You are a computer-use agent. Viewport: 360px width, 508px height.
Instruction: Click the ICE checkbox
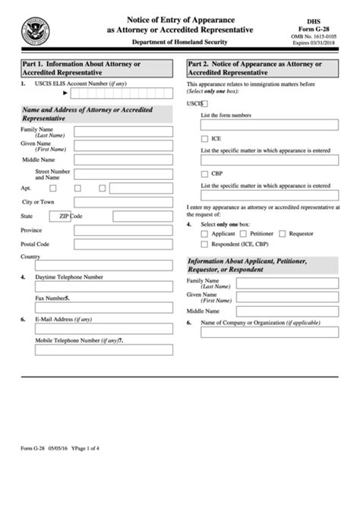[205, 139]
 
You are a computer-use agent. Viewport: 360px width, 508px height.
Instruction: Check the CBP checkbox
[205, 174]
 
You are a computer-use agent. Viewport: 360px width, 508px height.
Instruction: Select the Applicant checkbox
[204, 234]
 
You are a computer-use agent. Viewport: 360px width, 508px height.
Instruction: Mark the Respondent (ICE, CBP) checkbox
[204, 245]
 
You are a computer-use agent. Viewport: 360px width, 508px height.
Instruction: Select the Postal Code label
[35, 244]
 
